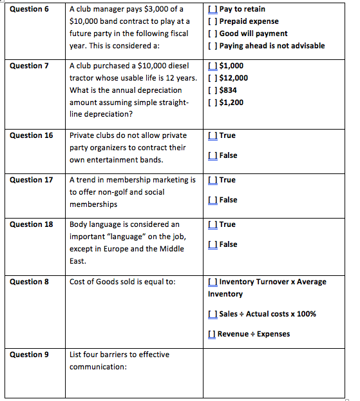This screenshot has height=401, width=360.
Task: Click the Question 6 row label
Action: click(32, 9)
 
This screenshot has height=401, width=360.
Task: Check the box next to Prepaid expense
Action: click(213, 21)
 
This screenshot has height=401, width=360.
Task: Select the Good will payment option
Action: click(213, 34)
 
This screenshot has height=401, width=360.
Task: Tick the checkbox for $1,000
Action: click(213, 66)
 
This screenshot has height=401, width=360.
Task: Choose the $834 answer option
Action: click(213, 90)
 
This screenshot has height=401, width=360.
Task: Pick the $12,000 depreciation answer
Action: click(213, 78)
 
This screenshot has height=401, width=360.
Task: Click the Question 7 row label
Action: click(32, 66)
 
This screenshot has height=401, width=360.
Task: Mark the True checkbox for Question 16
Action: click(213, 135)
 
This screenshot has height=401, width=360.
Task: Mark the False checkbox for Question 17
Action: click(213, 200)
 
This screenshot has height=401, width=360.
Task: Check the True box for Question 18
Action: click(213, 224)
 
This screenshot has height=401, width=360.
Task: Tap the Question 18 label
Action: click(32, 224)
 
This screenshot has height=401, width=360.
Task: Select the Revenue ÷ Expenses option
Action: click(213, 334)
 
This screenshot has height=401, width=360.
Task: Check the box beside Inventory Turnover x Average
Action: click(213, 282)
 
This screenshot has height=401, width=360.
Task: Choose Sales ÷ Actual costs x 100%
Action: click(213, 314)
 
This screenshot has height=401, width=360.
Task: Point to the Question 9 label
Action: click(32, 355)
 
